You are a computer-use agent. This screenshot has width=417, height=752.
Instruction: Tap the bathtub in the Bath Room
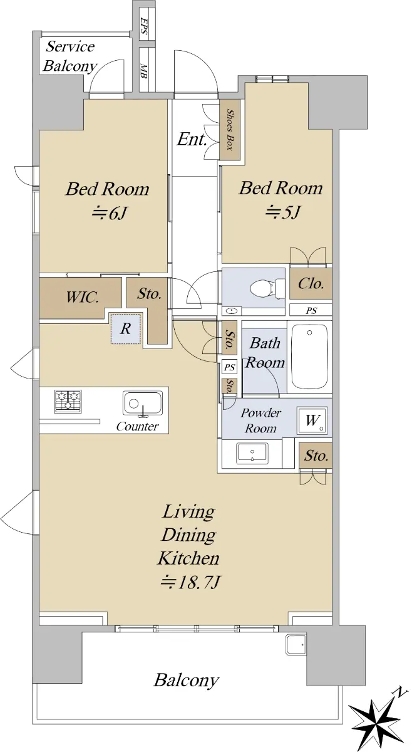[x=309, y=357]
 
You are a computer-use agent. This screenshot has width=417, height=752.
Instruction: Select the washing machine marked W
[x=312, y=421]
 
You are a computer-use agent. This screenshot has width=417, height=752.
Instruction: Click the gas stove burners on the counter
[x=68, y=402]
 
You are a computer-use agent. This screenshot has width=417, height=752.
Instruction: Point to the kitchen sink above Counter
[x=143, y=404]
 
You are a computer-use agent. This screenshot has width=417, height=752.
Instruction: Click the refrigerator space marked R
[x=126, y=328]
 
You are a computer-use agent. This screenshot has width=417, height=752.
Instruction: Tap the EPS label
[x=143, y=26]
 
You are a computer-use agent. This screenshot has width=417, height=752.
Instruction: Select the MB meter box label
[x=143, y=71]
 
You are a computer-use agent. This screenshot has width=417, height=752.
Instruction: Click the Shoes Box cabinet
[x=230, y=130]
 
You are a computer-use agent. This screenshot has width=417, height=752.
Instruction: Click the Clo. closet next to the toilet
[x=311, y=284]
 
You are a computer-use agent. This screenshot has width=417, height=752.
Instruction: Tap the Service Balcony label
[x=69, y=56]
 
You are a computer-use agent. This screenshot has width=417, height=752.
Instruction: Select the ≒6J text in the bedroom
[x=110, y=212]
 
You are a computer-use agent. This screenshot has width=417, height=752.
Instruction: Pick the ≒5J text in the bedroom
[x=282, y=212]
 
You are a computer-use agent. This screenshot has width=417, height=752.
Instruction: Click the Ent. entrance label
[x=192, y=139]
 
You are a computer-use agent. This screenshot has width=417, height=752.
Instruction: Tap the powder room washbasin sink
[x=252, y=453]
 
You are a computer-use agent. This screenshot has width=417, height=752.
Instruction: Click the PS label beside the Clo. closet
[x=311, y=311]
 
